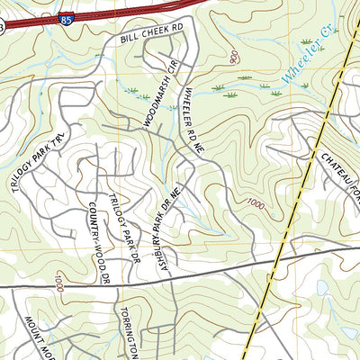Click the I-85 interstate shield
pyautogui.click(x=67, y=16)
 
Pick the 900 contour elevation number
pyautogui.click(x=235, y=58)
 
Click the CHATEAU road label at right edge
pyautogui.click(x=337, y=171)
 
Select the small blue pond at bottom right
pyautogui.click(x=322, y=288)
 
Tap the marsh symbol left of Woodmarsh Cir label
pyautogui.click(x=132, y=90)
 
